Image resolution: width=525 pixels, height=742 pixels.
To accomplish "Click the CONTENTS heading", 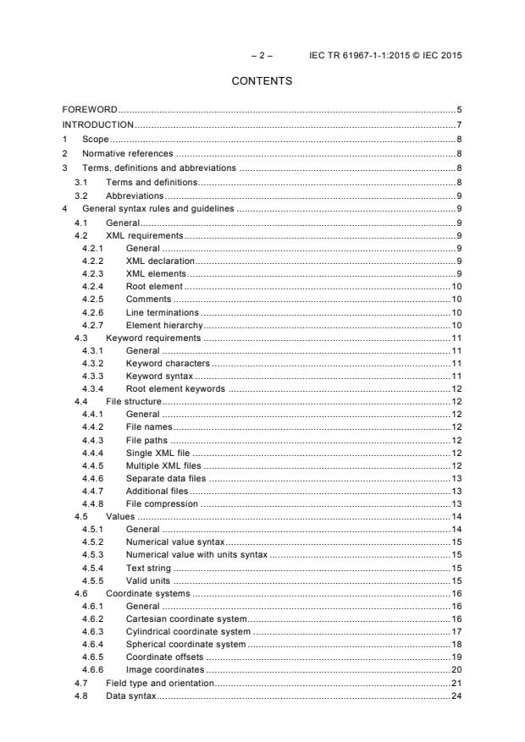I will pyautogui.click(x=262, y=81).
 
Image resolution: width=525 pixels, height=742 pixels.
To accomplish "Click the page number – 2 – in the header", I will pyautogui.click(x=262, y=55).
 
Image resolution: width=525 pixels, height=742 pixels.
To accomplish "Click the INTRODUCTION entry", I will pyautogui.click(x=99, y=124).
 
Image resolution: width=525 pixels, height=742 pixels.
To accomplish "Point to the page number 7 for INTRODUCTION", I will pyautogui.click(x=458, y=124).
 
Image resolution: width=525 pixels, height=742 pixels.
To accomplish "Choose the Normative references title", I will pyautogui.click(x=127, y=153).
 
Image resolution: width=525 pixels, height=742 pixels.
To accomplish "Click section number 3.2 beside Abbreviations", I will pyautogui.click(x=80, y=195).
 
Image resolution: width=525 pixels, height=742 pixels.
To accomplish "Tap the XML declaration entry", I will pyautogui.click(x=160, y=261).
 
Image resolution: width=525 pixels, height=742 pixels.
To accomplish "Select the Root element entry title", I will pyautogui.click(x=153, y=287).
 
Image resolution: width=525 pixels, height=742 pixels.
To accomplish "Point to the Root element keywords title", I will pyautogui.click(x=175, y=390).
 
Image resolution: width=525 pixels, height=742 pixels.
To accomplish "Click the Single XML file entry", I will pyautogui.click(x=158, y=454).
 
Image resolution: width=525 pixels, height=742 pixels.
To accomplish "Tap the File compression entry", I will pyautogui.click(x=162, y=504).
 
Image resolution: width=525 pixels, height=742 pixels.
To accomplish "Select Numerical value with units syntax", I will pyautogui.click(x=196, y=555).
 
